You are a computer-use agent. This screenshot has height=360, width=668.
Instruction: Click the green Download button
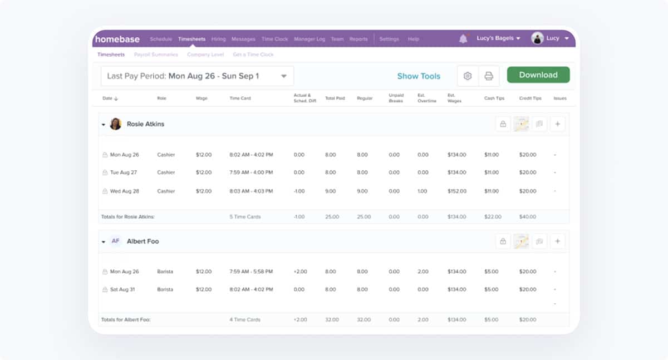point(538,75)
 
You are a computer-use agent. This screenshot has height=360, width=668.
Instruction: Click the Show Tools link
point(419,76)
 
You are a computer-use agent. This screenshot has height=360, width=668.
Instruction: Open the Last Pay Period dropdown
point(197,76)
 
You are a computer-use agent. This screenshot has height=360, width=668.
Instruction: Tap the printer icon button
point(489,76)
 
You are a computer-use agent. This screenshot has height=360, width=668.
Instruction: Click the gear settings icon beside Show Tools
point(468,76)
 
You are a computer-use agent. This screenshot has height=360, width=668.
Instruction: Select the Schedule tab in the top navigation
point(161,39)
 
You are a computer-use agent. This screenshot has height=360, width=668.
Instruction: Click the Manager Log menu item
point(309,39)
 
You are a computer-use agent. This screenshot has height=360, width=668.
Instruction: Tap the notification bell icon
point(463,38)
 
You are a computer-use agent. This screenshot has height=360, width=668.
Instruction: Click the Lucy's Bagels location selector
point(498,38)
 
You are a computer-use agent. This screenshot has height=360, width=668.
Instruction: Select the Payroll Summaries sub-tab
point(156,55)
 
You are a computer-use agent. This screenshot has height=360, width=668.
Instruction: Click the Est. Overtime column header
point(427,98)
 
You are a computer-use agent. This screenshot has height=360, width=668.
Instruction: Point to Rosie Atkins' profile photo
point(116,124)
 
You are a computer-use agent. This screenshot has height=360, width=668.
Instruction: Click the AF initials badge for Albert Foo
point(115,241)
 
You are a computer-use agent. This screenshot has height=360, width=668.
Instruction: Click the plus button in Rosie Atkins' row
point(558,124)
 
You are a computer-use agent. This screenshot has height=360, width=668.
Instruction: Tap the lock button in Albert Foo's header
point(503,241)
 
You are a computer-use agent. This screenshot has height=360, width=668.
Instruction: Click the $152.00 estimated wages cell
point(456,191)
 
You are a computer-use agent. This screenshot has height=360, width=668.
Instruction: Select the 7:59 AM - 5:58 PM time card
point(251,272)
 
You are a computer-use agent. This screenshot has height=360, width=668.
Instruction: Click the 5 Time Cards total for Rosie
point(245,216)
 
